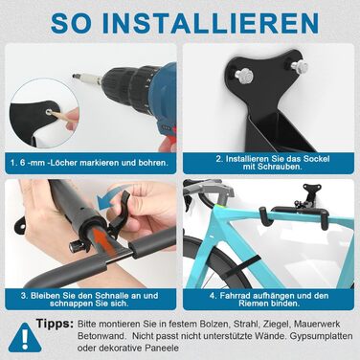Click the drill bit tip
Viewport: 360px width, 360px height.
(73, 76)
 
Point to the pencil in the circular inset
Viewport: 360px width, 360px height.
(62, 117)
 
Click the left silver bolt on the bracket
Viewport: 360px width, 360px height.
(242, 75)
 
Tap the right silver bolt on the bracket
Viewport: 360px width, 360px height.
(300, 65)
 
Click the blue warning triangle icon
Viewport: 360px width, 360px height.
(24, 338)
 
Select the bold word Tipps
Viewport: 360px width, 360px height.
(55, 325)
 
